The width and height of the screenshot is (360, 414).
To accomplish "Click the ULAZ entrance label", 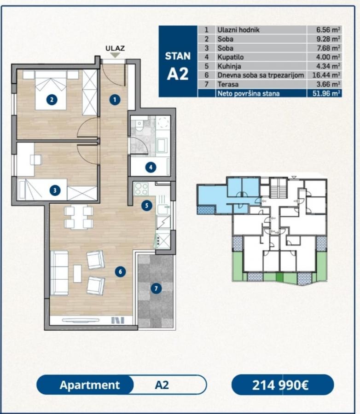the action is tap(115, 48).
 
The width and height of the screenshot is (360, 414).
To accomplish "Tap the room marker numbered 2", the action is tap(52, 99).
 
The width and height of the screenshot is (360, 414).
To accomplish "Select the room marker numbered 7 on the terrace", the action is tap(156, 288).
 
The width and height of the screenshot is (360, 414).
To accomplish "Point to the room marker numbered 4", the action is tap(151, 167).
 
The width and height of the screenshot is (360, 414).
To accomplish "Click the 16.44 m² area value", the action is tap(326, 75).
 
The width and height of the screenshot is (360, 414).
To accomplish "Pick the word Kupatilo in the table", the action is tap(231, 57).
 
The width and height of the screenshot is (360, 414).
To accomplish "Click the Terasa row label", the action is tap(228, 84).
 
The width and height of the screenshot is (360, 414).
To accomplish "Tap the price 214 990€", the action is tap(280, 385).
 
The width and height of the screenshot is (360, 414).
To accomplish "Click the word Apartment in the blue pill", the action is tap(90, 385).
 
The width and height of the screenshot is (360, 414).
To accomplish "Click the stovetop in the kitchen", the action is tap(141, 189).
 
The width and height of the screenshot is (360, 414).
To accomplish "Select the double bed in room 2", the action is tap(51, 90).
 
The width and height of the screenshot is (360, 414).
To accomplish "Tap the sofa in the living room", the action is tap(59, 273).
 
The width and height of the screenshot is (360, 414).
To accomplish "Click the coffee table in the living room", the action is tap(77, 274).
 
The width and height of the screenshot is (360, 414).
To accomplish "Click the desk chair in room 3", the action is tap(36, 160).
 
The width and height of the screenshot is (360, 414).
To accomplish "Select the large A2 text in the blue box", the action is tap(178, 74).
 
